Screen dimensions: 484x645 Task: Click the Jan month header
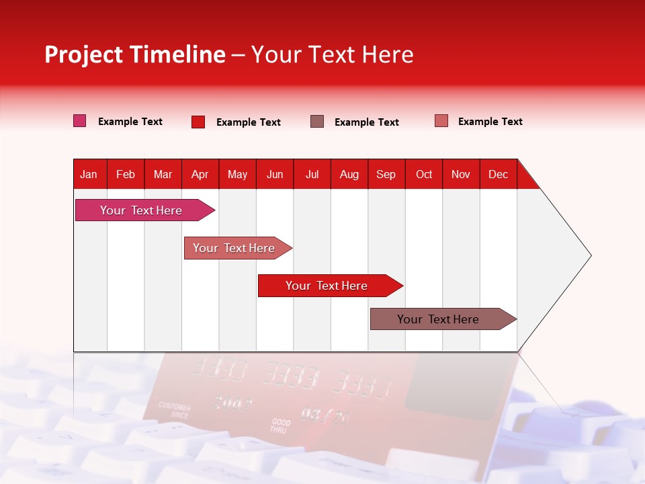tap(89, 174)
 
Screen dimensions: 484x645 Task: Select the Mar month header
tap(163, 174)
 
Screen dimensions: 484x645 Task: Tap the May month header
tap(237, 174)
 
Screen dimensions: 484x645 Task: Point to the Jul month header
tap(312, 174)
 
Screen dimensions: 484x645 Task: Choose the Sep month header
tap(386, 174)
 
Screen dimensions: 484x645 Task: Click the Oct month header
tap(424, 174)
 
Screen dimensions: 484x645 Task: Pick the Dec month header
tap(498, 174)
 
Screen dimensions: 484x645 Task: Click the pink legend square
tap(79, 121)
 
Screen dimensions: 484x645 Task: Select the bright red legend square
tap(198, 122)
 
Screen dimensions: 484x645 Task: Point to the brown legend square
tap(316, 121)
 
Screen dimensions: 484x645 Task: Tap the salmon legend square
tap(441, 121)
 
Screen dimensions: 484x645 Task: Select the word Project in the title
tap(84, 54)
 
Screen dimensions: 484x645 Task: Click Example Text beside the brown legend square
tap(366, 122)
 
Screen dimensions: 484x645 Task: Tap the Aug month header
tap(349, 174)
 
